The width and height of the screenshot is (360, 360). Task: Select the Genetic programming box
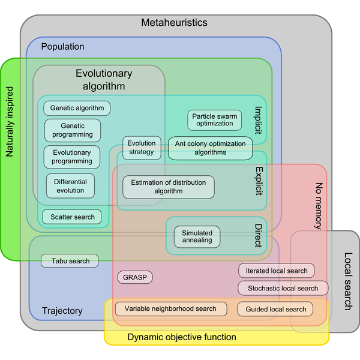(73, 130)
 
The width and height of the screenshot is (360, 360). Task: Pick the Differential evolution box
(70, 186)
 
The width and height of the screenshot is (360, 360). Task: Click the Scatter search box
(72, 217)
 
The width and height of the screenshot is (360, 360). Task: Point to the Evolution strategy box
(142, 148)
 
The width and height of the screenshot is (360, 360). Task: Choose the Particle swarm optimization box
(214, 119)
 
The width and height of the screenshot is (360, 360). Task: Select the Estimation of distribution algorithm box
(169, 187)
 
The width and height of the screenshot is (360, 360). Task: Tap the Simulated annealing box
(197, 236)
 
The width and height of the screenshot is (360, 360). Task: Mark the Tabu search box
(70, 261)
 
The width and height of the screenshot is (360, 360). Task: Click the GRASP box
(134, 277)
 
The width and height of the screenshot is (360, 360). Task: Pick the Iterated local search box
(276, 271)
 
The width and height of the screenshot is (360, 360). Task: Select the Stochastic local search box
(283, 288)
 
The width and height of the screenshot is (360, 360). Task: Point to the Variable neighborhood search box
(170, 308)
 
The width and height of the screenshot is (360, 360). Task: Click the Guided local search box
(275, 309)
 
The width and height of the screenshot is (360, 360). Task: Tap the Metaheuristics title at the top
(174, 23)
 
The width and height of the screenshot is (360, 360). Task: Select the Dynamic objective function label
(182, 337)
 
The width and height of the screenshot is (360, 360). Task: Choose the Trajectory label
(62, 311)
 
